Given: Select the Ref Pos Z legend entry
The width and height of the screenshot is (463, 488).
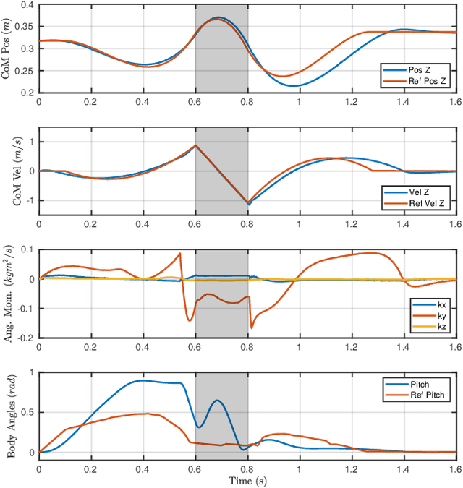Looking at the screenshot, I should (418, 82).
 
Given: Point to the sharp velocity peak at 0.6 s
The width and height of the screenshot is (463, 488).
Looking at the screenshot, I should (195, 145).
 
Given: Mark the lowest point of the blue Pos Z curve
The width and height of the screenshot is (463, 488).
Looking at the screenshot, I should (294, 86).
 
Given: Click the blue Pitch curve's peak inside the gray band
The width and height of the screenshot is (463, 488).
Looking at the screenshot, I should (216, 400).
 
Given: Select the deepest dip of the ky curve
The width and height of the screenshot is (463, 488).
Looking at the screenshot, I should (252, 328).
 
